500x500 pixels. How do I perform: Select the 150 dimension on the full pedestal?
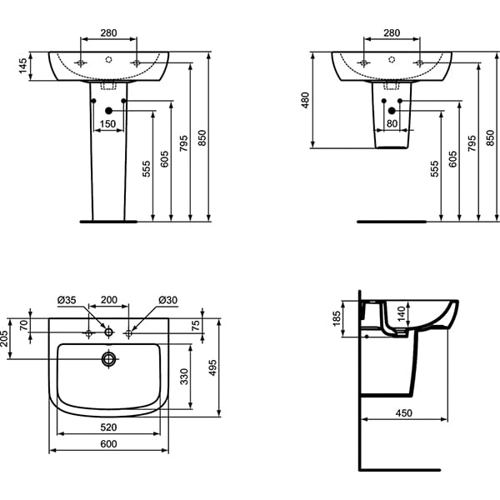tap(107, 124)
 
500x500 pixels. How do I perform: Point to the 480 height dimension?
tap(306, 100)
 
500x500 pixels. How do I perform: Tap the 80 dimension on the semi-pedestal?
tap(392, 124)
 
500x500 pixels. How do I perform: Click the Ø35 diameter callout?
tap(67, 300)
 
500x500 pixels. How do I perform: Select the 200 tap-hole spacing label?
tap(108, 300)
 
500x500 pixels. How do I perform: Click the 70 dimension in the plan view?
tap(23, 325)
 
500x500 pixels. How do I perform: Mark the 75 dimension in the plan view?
tap(197, 326)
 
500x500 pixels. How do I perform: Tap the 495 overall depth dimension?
tap(223, 368)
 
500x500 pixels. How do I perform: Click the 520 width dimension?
tap(108, 428)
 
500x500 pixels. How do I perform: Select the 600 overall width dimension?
tap(108, 444)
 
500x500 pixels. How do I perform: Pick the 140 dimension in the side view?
tap(402, 314)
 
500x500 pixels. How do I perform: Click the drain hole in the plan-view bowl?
tap(108, 359)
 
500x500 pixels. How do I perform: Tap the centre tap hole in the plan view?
tap(108, 332)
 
